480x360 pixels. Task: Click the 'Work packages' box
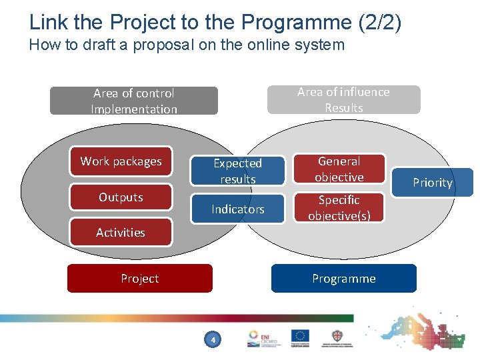pyautogui.click(x=121, y=161)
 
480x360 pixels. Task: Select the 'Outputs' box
pyautogui.click(x=121, y=197)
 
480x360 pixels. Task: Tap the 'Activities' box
pyautogui.click(x=121, y=233)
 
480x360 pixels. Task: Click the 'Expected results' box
pyautogui.click(x=238, y=171)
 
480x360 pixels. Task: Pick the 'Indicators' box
pyautogui.click(x=238, y=209)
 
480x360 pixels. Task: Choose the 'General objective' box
pyautogui.click(x=339, y=169)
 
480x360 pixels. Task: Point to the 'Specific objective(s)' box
pyautogui.click(x=339, y=208)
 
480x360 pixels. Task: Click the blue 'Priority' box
pyautogui.click(x=432, y=183)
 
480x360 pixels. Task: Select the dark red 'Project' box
pyautogui.click(x=140, y=279)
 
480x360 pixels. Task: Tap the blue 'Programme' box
pyautogui.click(x=343, y=279)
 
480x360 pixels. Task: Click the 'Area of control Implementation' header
pyautogui.click(x=135, y=101)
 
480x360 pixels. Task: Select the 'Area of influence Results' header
pyautogui.click(x=343, y=99)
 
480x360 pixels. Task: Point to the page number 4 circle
pyautogui.click(x=213, y=341)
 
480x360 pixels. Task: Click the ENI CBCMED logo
pyautogui.click(x=261, y=338)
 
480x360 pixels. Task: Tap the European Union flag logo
pyautogui.click(x=300, y=337)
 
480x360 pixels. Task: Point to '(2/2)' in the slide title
pyautogui.click(x=380, y=22)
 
